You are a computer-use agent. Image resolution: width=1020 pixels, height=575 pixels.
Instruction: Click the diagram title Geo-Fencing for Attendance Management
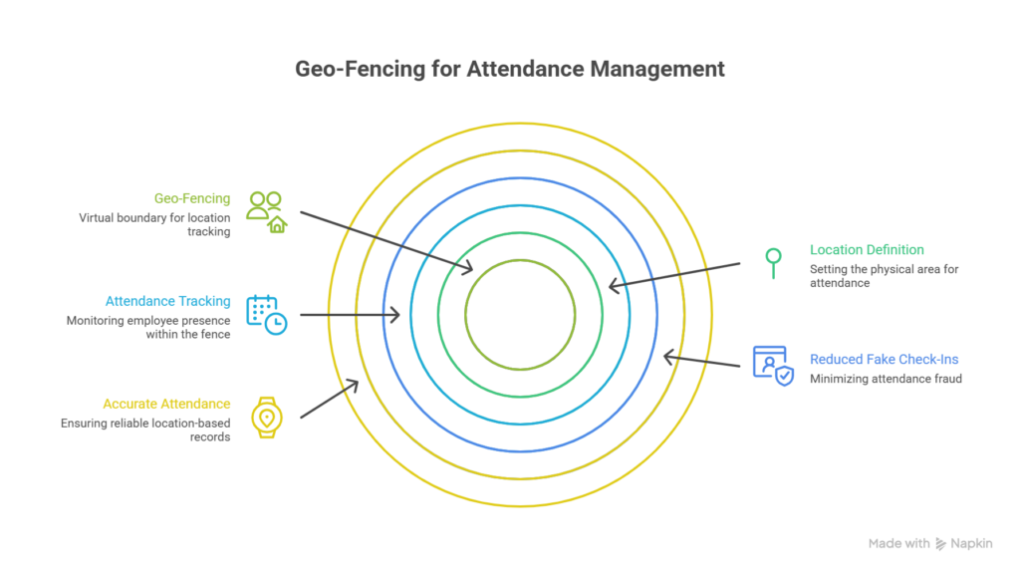click(510, 70)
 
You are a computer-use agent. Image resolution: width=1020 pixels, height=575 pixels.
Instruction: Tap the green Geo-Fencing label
click(192, 197)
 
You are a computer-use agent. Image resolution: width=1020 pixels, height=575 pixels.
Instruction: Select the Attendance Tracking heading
click(168, 301)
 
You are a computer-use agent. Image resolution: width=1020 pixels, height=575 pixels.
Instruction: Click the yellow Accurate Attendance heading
click(166, 404)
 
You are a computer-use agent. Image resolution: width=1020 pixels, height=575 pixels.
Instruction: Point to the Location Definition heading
click(867, 249)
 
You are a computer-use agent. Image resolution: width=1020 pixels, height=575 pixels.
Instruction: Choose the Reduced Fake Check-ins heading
click(885, 359)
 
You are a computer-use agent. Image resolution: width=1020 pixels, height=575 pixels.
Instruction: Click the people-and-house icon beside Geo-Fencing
click(266, 211)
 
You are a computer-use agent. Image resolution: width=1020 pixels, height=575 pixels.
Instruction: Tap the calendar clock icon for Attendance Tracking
click(266, 315)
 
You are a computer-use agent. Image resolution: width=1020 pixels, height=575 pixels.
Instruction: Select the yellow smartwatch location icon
click(266, 417)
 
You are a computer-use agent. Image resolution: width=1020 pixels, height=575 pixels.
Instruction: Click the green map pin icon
click(772, 262)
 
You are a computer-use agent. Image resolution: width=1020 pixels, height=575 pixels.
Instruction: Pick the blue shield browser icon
click(772, 365)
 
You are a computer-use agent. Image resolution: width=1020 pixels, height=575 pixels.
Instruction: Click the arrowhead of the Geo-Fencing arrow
click(468, 269)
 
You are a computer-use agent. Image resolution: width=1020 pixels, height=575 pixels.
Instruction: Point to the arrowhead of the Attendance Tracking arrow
click(396, 315)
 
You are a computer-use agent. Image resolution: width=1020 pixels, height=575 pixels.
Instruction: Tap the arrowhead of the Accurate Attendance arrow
click(355, 386)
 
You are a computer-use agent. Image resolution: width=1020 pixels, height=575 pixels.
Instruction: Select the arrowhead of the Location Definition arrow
click(613, 287)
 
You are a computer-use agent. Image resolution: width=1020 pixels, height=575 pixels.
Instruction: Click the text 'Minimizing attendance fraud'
click(886, 379)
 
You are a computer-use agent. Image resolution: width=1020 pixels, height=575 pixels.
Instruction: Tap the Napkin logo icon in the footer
click(941, 544)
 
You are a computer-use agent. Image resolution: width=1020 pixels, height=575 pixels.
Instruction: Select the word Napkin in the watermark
click(972, 544)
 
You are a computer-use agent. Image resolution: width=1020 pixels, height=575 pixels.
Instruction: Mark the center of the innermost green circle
click(520, 315)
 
